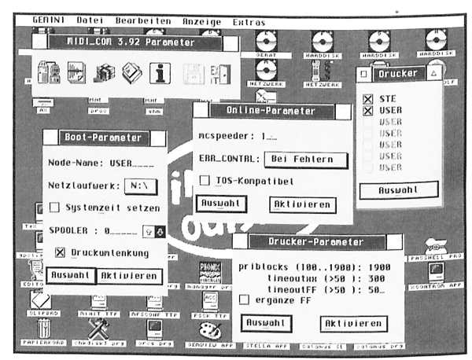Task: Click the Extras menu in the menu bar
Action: (249, 22)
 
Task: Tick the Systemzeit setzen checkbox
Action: (54, 208)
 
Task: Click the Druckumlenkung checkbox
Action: (60, 253)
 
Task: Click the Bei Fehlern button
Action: (308, 159)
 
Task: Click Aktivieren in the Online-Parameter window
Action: (303, 204)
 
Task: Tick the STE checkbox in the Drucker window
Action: (367, 98)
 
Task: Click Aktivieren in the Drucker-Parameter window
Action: (353, 323)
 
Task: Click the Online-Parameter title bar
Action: (271, 111)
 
